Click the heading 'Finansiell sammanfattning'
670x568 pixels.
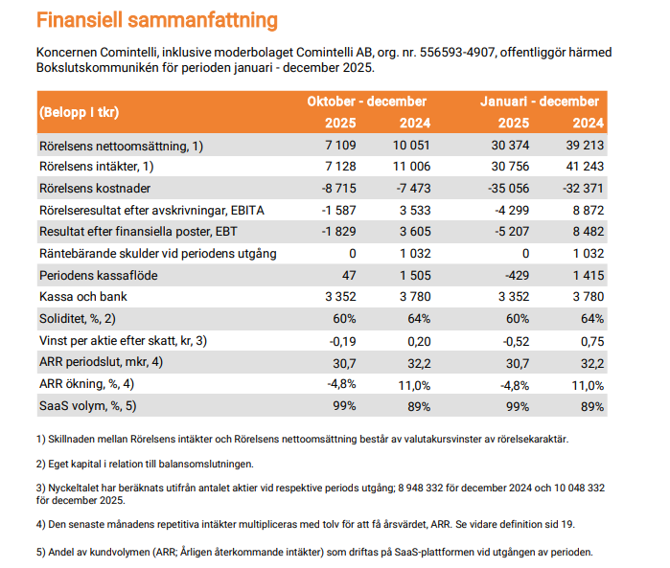157,20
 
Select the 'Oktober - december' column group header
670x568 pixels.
366,102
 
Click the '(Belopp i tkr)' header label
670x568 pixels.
80,112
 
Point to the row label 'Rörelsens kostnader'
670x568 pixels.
95,189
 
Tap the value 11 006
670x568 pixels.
410,168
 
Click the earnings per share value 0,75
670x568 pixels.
592,340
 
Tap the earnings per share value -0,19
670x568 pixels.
342,340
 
